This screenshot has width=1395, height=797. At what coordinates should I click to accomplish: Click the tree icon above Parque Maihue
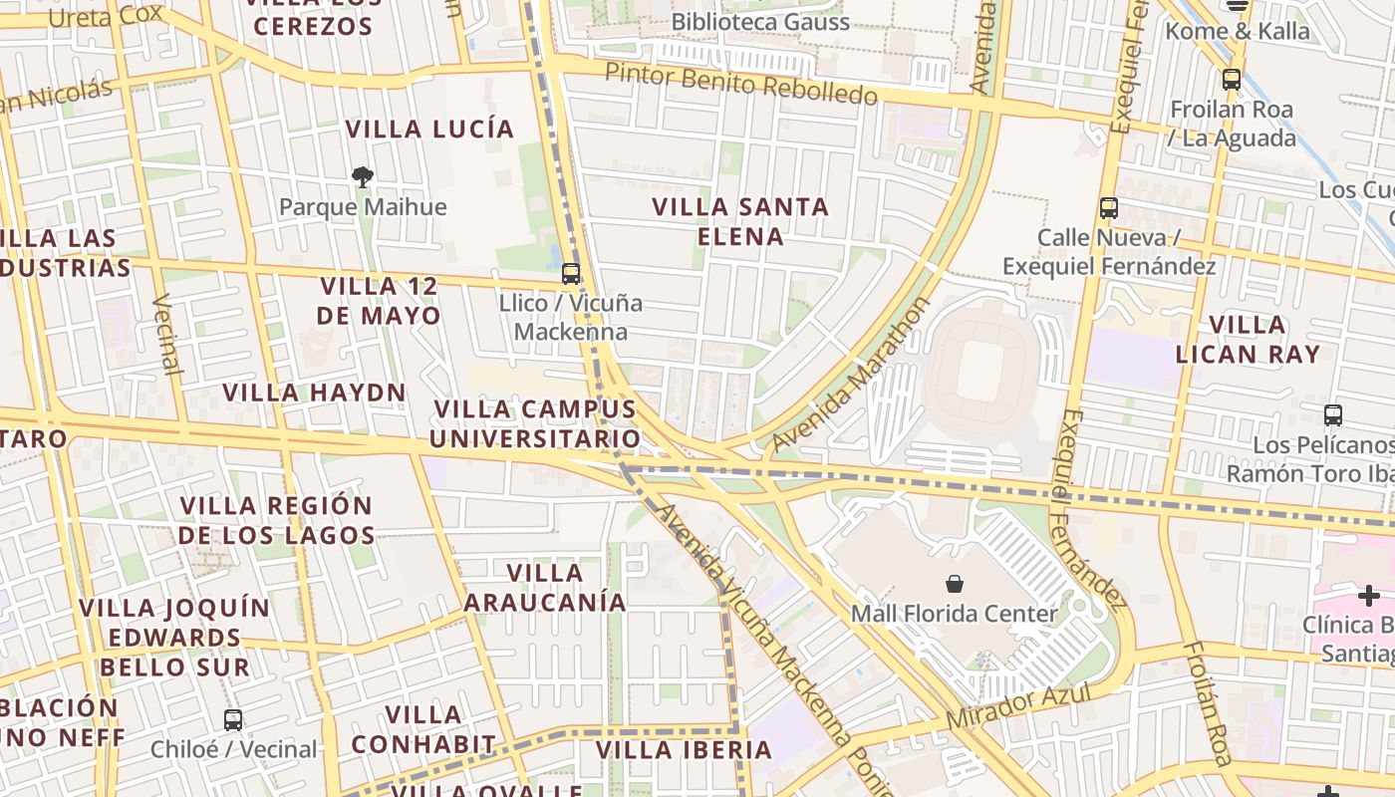point(363,177)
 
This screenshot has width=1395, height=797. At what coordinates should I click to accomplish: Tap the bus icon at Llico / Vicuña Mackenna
point(571,273)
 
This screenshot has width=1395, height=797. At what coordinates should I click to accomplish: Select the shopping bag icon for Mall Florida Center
point(955,584)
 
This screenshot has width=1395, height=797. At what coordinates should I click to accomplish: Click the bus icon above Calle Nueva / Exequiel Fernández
point(1108,208)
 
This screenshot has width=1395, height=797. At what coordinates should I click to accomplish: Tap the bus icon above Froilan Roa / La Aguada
point(1232,80)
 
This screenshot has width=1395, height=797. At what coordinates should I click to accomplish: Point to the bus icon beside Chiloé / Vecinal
point(233,719)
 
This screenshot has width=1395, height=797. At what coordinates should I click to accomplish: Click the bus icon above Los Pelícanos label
point(1333,414)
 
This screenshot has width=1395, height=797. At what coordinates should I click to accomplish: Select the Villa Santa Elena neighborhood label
point(741,221)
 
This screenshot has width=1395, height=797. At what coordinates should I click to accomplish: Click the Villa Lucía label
point(429,129)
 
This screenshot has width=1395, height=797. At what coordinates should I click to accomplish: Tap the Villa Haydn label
point(314,393)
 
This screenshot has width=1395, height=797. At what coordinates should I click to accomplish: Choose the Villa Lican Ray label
point(1247,339)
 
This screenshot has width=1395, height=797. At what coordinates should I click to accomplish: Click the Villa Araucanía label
point(545,587)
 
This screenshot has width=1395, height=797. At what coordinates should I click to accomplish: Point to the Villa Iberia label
point(684,749)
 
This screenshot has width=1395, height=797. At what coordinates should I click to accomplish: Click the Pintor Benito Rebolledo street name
point(740,85)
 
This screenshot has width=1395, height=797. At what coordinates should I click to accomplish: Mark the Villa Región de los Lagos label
point(276,520)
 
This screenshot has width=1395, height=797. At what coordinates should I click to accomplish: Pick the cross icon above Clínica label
point(1369,596)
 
